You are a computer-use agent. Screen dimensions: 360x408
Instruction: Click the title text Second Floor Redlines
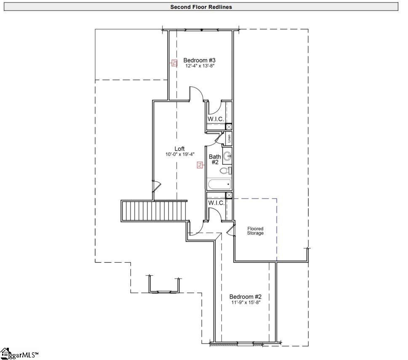(x=201, y=7)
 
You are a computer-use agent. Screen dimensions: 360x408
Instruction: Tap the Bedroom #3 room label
(x=200, y=60)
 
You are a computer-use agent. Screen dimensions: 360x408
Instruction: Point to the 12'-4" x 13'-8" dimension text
(x=200, y=66)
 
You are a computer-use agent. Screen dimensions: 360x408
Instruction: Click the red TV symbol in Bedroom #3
(x=174, y=63)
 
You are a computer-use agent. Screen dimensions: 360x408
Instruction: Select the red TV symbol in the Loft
(x=200, y=165)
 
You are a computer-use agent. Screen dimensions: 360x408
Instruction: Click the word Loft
(x=180, y=149)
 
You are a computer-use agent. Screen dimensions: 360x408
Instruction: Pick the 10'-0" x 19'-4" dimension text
(x=180, y=155)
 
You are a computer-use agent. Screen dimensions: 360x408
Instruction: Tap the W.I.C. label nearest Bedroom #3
(x=216, y=119)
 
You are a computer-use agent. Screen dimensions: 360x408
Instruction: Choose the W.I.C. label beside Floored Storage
(x=216, y=203)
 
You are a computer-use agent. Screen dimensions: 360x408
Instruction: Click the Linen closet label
(x=229, y=139)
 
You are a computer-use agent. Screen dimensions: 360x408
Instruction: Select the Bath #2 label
(x=214, y=159)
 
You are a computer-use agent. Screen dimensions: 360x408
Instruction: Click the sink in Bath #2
(x=227, y=156)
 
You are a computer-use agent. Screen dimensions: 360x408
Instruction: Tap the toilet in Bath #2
(x=226, y=171)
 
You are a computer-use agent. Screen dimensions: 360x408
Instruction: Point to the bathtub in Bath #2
(x=219, y=184)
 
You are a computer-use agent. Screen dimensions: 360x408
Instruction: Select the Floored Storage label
(x=255, y=231)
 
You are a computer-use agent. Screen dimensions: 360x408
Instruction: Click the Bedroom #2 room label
(x=246, y=297)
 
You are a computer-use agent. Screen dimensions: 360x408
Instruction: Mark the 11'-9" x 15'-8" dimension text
(x=246, y=303)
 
